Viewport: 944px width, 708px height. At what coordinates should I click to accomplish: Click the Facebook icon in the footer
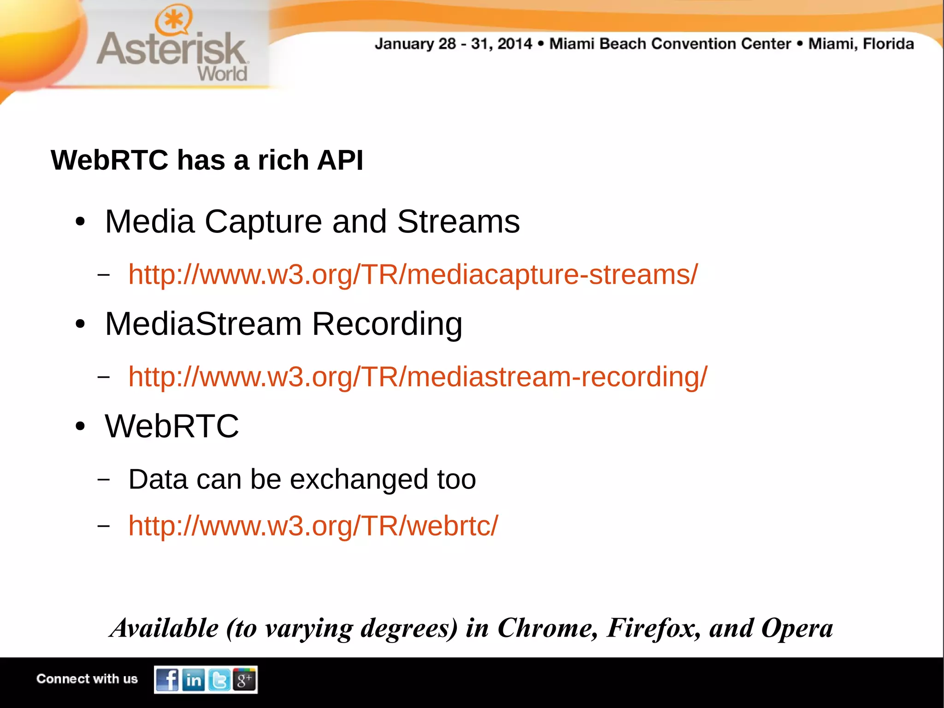[167, 679]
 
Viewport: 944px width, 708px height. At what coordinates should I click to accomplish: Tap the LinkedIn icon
[194, 679]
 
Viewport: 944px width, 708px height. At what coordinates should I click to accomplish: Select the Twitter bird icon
[219, 679]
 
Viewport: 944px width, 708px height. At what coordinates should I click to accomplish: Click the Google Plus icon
[244, 679]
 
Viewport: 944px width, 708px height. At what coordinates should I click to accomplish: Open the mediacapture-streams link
[413, 274]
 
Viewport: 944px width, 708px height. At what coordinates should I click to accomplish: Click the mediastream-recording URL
[418, 377]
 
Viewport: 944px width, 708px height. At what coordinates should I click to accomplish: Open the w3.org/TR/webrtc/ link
[313, 525]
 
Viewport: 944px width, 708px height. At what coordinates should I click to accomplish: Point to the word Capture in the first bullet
[263, 222]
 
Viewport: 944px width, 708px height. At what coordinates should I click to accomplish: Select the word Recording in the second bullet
[387, 324]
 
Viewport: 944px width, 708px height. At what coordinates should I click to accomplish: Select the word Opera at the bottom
[797, 628]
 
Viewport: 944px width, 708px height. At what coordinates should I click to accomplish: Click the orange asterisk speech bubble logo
[173, 20]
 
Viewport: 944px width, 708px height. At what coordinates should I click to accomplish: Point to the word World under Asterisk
[223, 74]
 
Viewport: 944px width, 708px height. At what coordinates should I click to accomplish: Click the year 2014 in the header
[514, 44]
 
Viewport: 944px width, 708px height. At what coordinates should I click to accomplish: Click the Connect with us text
[87, 679]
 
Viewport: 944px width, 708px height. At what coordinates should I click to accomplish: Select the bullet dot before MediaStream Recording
[80, 324]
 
